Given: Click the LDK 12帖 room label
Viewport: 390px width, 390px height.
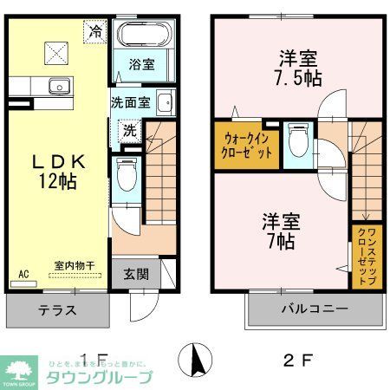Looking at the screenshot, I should [60, 169].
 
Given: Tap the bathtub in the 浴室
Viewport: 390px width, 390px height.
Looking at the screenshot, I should [145, 36].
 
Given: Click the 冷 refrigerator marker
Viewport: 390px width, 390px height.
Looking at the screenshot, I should [96, 30].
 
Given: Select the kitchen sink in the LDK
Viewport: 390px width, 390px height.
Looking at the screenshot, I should [59, 85].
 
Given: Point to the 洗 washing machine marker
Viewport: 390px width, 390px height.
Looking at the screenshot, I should [127, 132].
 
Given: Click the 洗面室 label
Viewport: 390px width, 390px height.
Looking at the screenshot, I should [131, 102].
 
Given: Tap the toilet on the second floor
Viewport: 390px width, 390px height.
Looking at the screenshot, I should [297, 143].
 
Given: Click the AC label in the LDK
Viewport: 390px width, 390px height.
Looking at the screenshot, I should [23, 274].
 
